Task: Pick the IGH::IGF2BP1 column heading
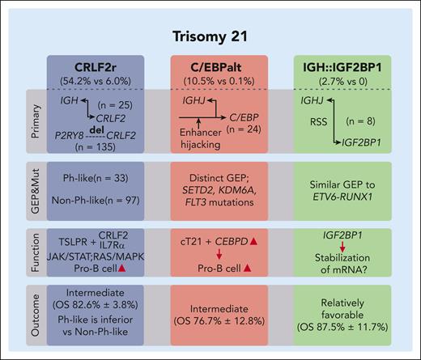tap(333, 65)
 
